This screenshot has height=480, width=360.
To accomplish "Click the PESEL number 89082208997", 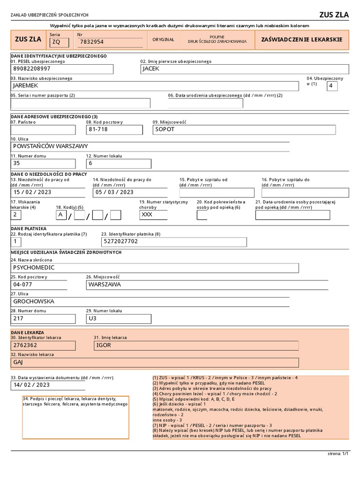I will (31, 69).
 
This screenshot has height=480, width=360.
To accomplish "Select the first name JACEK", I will (151, 69).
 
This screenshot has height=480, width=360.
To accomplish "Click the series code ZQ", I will (56, 42).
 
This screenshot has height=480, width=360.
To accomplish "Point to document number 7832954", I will (92, 42).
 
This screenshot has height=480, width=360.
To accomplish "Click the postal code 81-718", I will (98, 129).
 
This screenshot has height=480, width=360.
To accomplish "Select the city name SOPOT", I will (165, 129).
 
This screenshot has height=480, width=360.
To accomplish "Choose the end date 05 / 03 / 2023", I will (114, 192).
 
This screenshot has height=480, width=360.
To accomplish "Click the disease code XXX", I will (147, 215).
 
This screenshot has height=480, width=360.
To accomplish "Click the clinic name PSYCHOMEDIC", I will (34, 268).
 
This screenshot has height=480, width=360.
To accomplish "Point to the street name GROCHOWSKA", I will (34, 301).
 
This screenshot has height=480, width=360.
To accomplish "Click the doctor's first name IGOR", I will (103, 345).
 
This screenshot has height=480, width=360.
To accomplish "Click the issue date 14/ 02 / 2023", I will (31, 385).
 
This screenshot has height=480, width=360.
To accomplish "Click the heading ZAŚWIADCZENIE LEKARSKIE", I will (301, 40).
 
